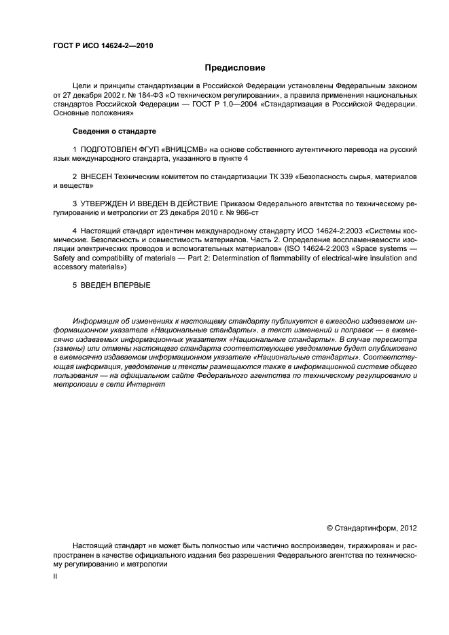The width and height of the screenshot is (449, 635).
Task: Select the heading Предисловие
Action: pos(235,68)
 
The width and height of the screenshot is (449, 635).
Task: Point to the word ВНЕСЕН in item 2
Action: pos(96,176)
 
